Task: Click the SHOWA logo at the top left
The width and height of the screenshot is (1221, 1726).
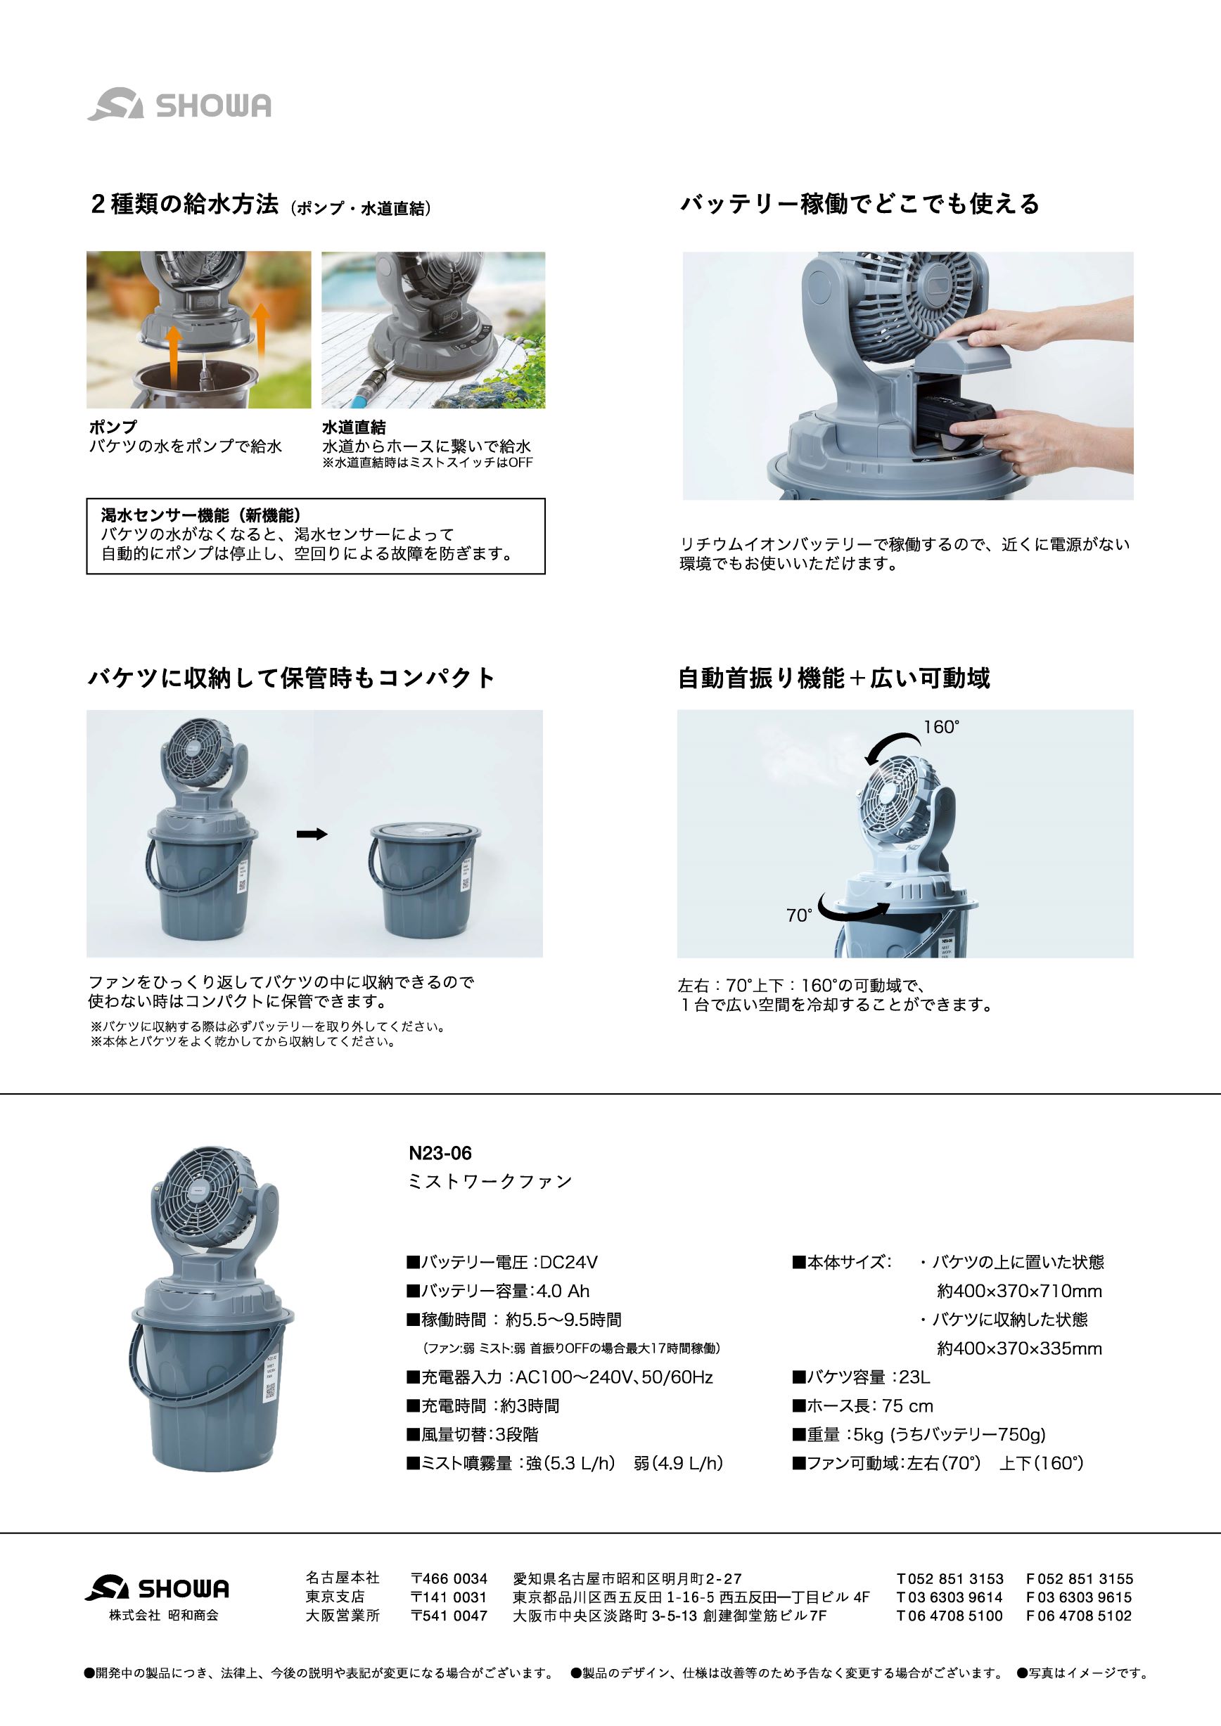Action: coord(179,105)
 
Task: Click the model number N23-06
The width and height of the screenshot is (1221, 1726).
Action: coord(440,1152)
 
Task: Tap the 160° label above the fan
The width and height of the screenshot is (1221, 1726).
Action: coord(941,727)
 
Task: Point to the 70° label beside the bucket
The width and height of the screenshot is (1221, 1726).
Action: coord(799,915)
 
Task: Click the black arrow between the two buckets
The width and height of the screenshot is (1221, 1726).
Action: coord(312,834)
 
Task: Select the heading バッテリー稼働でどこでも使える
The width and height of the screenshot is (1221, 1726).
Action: coord(859,204)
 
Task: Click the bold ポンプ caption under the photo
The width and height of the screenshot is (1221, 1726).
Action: coord(113,427)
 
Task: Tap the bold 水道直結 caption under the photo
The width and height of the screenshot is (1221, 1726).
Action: coord(353,427)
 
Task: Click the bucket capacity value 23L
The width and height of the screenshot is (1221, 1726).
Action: coord(914,1377)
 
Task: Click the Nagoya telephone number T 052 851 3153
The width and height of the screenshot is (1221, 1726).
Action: coord(950,1579)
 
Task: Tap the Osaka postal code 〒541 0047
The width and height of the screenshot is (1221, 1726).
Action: coord(449,1616)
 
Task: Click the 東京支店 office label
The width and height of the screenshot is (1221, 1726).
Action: coord(335,1597)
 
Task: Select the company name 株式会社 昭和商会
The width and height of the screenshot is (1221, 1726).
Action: coord(164,1616)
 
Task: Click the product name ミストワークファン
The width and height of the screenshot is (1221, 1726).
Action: coord(490,1182)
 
